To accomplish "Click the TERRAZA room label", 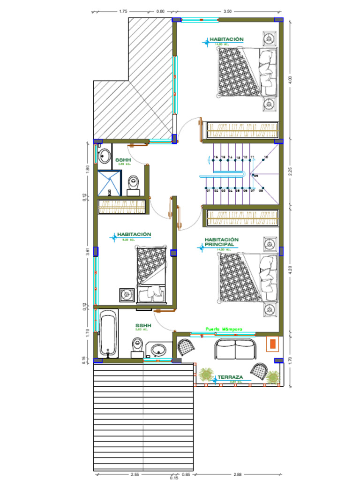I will click(230, 377).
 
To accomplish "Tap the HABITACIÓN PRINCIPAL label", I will click(222, 242).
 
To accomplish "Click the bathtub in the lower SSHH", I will click(108, 335).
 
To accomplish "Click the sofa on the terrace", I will click(236, 349).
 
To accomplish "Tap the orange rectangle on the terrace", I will click(272, 345).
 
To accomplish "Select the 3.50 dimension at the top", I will click(228, 11).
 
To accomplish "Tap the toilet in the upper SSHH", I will click(134, 185).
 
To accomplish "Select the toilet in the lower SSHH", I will click(137, 347).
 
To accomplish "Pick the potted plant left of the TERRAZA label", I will click(205, 375).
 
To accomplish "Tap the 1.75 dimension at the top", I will click(123, 11).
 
